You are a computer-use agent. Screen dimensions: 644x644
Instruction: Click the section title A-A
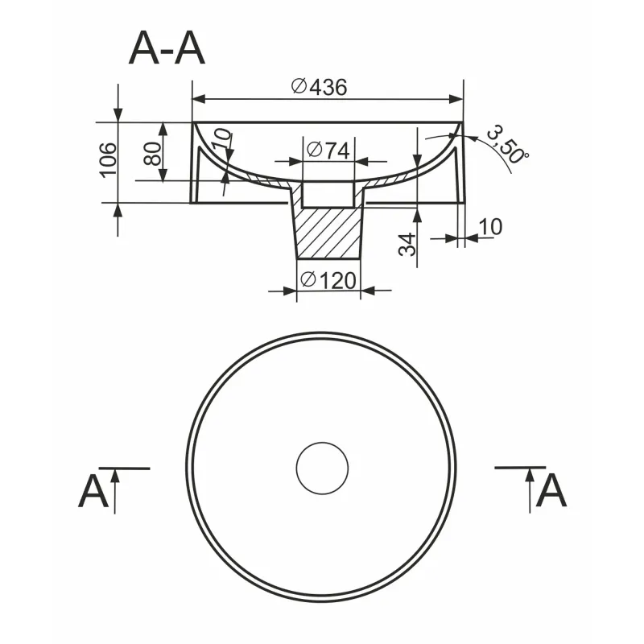point(167,49)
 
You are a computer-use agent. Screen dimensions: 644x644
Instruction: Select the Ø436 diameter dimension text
point(320,87)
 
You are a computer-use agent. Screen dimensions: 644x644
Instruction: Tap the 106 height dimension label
point(109,159)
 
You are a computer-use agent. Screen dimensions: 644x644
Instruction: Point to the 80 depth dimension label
point(152,154)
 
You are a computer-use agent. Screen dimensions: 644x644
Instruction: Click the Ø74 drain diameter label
point(328,151)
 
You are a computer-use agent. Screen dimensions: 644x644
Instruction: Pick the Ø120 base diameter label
point(328,281)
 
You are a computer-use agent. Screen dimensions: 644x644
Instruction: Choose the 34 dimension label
point(407,245)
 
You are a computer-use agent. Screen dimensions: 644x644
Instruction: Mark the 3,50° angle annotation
point(508,145)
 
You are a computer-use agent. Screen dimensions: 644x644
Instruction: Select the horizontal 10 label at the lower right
point(490,227)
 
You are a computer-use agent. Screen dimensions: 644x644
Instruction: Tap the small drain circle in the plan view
point(323,469)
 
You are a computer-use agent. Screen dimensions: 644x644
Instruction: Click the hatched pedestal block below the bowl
point(328,233)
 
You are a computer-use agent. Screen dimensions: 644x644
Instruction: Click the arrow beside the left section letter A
point(115,491)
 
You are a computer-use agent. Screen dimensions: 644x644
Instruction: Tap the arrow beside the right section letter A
point(530,490)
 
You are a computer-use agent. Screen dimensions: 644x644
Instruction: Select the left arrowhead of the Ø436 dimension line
point(199,99)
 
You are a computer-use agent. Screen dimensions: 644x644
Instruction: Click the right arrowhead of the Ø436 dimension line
point(456,99)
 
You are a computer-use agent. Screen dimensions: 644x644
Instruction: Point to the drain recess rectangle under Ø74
point(328,193)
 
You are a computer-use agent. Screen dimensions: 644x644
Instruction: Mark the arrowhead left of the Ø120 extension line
point(290,291)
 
